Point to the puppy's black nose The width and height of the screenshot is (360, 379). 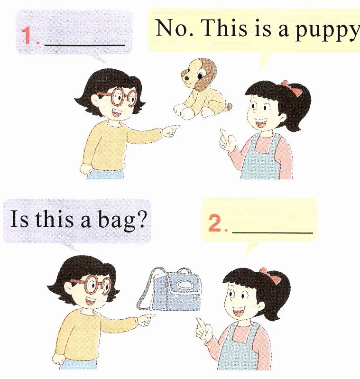click(x=186, y=79)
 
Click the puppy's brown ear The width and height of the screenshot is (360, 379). click(x=206, y=75)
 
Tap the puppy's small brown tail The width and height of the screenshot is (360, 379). click(x=229, y=106)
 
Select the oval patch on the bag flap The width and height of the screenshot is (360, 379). click(x=185, y=285)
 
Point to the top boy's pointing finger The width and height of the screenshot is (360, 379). click(x=175, y=127)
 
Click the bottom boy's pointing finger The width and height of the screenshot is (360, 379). click(x=149, y=315)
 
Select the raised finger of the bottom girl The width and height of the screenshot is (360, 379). click(x=200, y=322)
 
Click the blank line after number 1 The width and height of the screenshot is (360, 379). click(x=85, y=45)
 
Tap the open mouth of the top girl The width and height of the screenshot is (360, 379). click(x=260, y=123)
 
